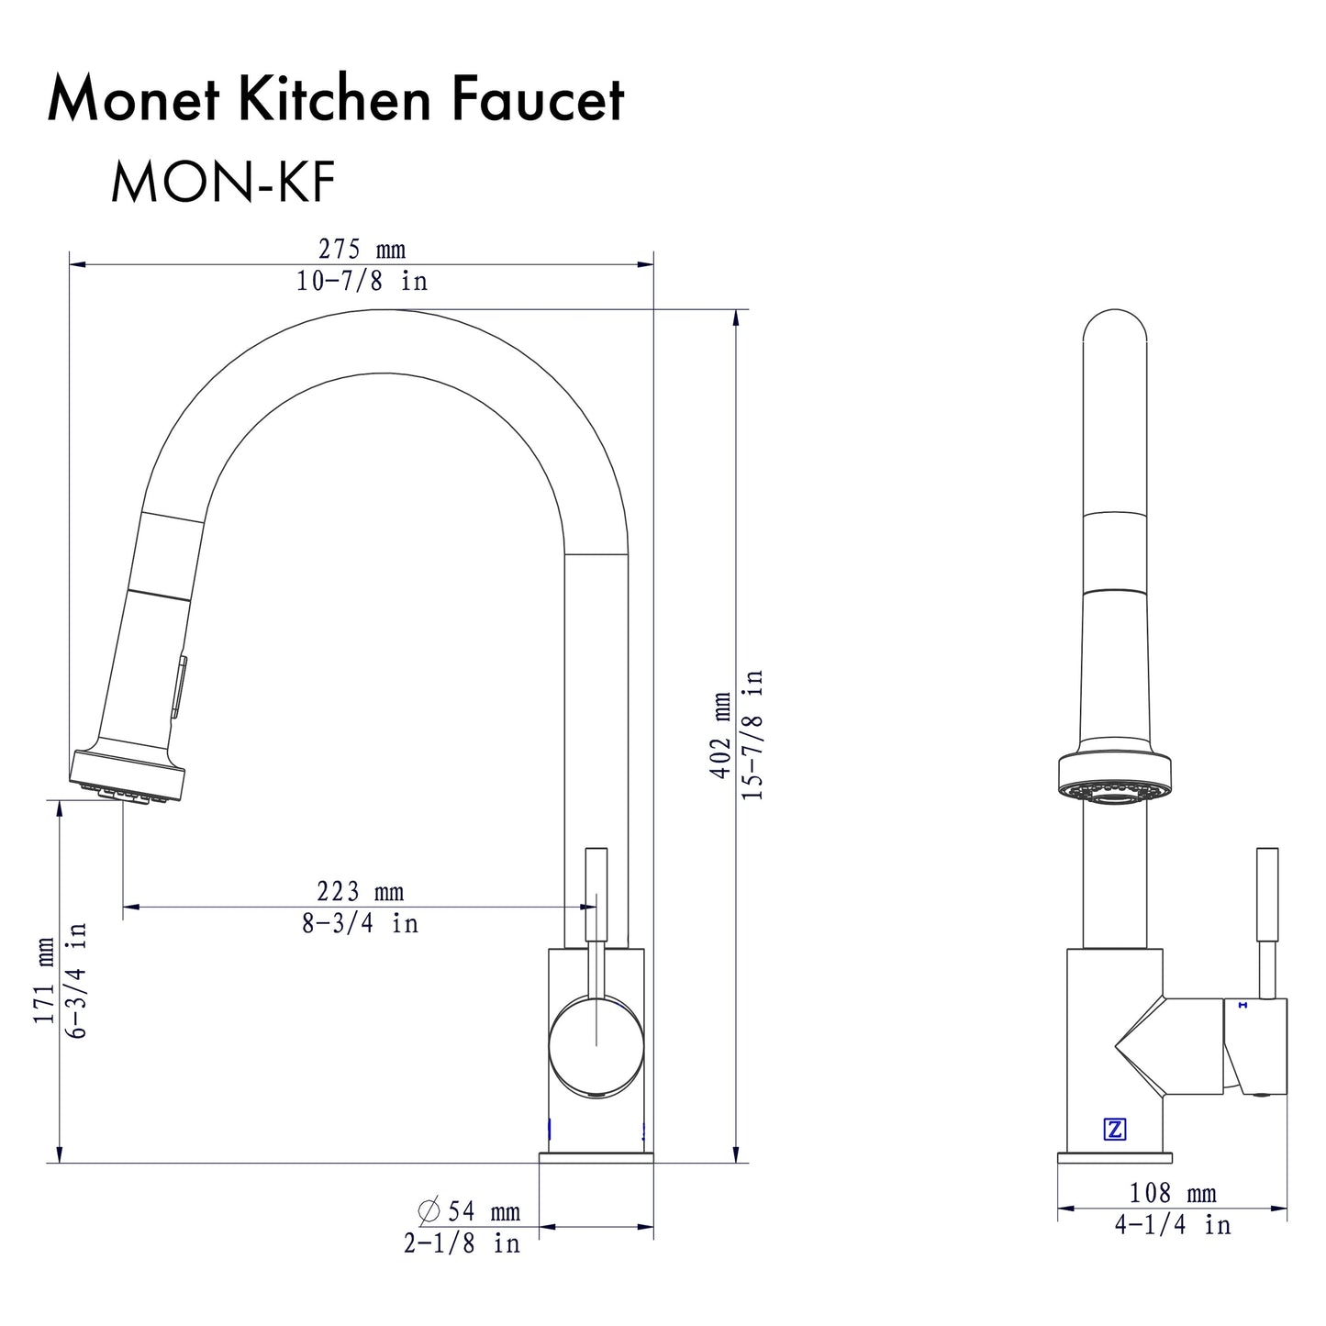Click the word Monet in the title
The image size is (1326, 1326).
133,100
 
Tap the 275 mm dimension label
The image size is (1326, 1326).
362,250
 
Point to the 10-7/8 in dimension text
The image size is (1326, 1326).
362,282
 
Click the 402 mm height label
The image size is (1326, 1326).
721,736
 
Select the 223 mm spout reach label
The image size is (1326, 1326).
361,891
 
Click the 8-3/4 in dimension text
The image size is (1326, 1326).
361,923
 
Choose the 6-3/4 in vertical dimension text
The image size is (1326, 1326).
77,980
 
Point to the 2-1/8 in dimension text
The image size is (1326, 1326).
462,1243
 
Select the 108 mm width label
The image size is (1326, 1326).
1172,1193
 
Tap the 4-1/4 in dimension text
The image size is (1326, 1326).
1172,1225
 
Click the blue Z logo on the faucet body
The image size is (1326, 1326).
1115,1130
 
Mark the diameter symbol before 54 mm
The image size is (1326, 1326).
429,1212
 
